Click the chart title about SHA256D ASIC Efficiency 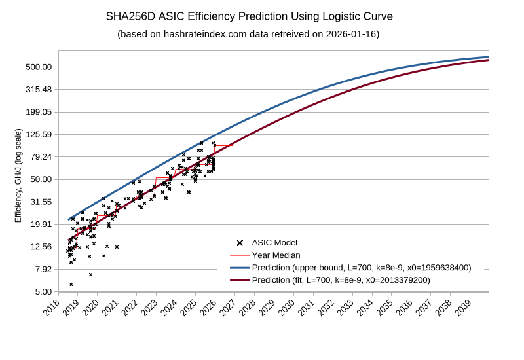(x=249, y=16)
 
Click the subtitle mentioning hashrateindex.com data (x=248, y=34)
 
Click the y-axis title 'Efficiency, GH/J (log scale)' (x=18, y=175)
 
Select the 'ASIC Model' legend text (x=274, y=243)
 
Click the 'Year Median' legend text (x=276, y=255)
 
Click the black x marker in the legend (x=240, y=243)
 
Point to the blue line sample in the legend (x=240, y=268)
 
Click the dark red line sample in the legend (x=240, y=280)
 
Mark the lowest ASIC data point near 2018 (x=71, y=284)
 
